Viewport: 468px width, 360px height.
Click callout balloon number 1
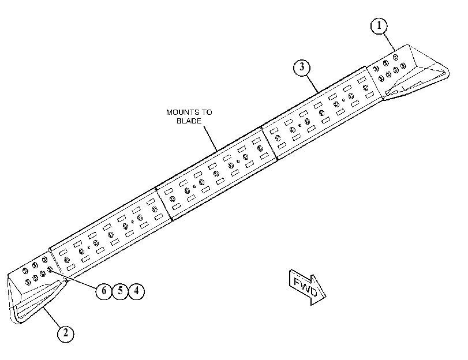(379, 26)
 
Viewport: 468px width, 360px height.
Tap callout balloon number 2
(66, 333)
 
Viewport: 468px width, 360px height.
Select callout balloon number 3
(302, 67)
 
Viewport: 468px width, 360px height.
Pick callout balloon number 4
(136, 291)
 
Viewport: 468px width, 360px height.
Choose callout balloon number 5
(120, 291)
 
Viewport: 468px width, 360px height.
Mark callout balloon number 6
(104, 291)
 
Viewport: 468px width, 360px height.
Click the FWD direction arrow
(308, 287)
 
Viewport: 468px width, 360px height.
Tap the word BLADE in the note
(189, 121)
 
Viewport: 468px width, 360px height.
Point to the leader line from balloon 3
(312, 84)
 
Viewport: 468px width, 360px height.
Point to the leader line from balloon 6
(74, 279)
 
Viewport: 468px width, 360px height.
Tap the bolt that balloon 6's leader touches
(50, 270)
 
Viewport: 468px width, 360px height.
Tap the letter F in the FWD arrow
(297, 282)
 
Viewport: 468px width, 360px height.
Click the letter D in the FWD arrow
(313, 292)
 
